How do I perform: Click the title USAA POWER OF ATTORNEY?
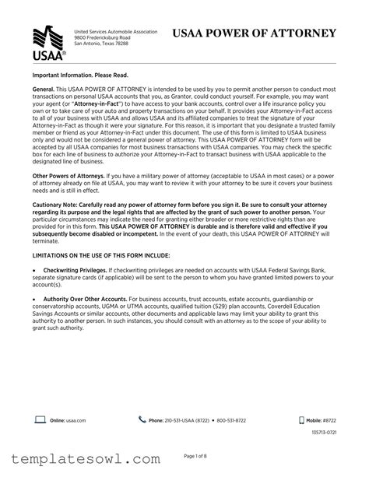coord(254,34)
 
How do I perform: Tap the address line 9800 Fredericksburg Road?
coord(102,37)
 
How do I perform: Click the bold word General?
coord(44,89)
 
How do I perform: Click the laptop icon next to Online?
coord(40,419)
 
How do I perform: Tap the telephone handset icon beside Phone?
coord(142,419)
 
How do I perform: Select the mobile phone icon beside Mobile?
coord(301,419)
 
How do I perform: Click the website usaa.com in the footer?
coord(76,420)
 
